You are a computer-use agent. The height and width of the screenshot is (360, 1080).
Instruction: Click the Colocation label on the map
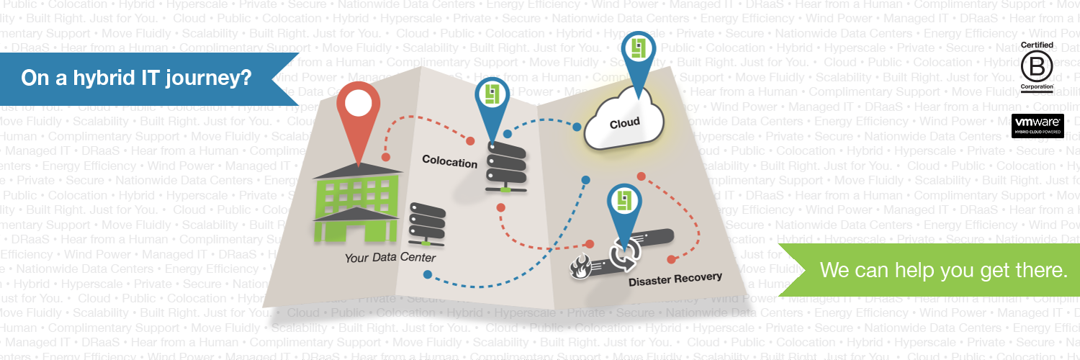[x=449, y=161]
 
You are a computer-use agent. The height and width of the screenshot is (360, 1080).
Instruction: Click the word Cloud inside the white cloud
[x=624, y=123]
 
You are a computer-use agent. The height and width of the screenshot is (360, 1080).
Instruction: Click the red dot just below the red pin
[x=385, y=156]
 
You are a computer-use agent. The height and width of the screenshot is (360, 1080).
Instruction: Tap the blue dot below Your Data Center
[x=428, y=274]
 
